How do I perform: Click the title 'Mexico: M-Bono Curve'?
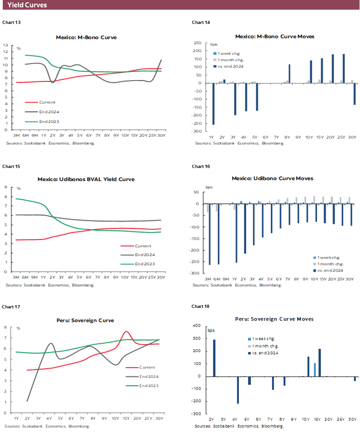[86, 37]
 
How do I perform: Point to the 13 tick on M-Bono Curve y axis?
[6, 45]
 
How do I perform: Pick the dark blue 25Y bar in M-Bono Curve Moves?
[344, 69]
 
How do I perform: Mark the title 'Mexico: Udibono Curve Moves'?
[273, 178]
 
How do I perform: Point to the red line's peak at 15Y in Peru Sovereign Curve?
[126, 331]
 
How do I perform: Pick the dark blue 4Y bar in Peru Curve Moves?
[238, 390]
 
